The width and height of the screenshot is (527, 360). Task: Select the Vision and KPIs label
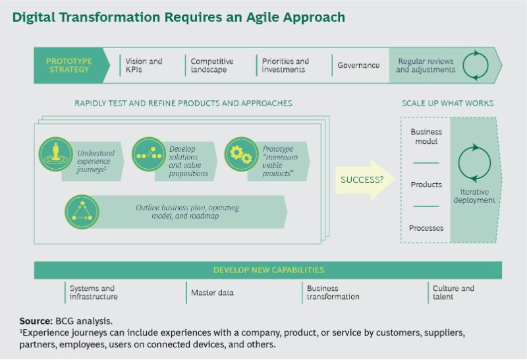coord(144,65)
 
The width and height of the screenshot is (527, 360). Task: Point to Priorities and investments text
coord(285,65)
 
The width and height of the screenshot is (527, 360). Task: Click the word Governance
coord(358,65)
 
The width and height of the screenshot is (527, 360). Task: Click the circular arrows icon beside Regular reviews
coord(476,65)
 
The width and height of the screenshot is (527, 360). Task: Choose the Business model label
coord(426,136)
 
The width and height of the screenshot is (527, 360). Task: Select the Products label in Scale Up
coord(426,185)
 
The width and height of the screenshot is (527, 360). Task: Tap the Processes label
coord(426,228)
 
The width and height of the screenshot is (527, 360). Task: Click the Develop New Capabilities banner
coord(268,270)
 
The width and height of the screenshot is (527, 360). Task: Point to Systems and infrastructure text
coord(94,293)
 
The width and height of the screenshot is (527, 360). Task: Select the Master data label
coord(212,293)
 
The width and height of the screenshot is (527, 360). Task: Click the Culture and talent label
coord(453,293)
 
